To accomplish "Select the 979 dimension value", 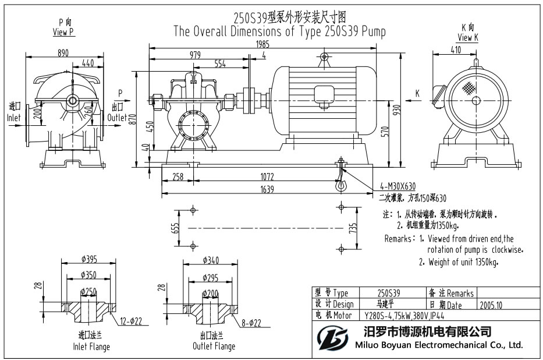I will [195, 55].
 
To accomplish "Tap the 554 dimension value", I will [220, 63].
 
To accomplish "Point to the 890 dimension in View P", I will [63, 53].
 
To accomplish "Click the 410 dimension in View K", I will [455, 50].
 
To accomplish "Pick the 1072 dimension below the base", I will [267, 177].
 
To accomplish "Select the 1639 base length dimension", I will [267, 189].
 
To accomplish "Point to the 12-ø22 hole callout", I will [132, 322].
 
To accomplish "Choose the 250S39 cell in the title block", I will [389, 293].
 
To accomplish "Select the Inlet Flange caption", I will [91, 347].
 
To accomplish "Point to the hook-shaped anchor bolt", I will [340, 175].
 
